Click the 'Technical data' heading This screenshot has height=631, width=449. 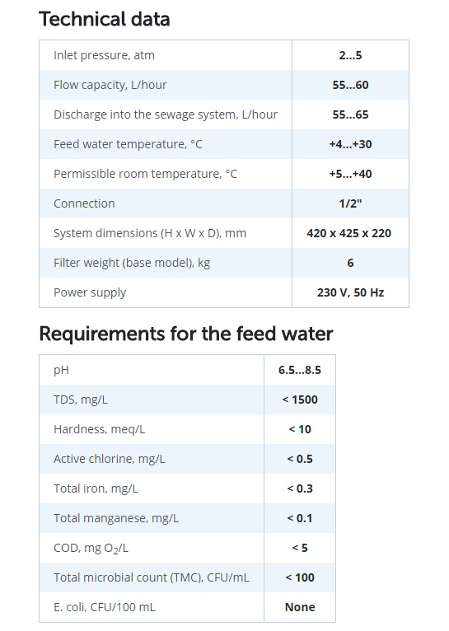point(105,19)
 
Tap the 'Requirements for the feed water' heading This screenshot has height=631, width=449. point(186,334)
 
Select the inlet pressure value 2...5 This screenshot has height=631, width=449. point(350,55)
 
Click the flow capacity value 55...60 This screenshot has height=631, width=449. point(350,85)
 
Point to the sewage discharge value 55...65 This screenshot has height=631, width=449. point(350,115)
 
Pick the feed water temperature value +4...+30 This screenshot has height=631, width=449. point(350,144)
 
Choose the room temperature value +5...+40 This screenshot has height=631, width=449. point(350,174)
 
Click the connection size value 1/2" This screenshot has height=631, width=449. point(350,203)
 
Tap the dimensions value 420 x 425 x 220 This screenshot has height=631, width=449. point(348,233)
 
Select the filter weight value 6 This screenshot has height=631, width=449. point(350,263)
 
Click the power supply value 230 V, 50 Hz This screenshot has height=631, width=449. point(350,292)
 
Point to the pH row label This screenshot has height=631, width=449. point(61,370)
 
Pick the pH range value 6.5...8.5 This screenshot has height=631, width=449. point(300,370)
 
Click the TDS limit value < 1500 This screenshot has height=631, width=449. point(300,400)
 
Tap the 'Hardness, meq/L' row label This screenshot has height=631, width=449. point(100,429)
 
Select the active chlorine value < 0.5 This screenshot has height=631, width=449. point(300,459)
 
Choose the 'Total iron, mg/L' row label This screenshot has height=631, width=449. point(96,488)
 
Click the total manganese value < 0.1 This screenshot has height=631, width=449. point(300,518)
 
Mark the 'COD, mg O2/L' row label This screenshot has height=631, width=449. point(91,548)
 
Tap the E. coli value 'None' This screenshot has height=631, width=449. point(300,607)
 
